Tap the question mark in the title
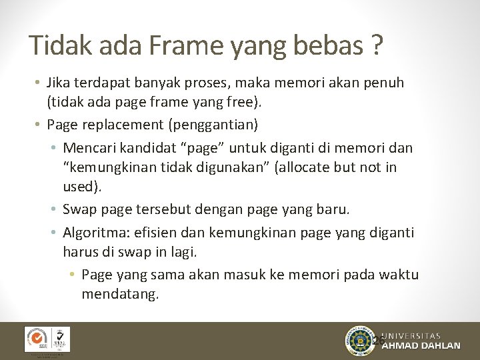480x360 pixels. click(377, 45)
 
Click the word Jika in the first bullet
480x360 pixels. click(59, 83)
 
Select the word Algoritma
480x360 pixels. click(95, 232)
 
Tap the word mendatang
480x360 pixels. click(120, 294)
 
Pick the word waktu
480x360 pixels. click(396, 275)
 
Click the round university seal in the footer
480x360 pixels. click(361, 341)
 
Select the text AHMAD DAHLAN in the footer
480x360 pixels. click(421, 346)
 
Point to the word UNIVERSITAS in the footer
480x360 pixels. click(421, 335)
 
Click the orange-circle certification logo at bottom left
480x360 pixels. click(37, 339)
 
